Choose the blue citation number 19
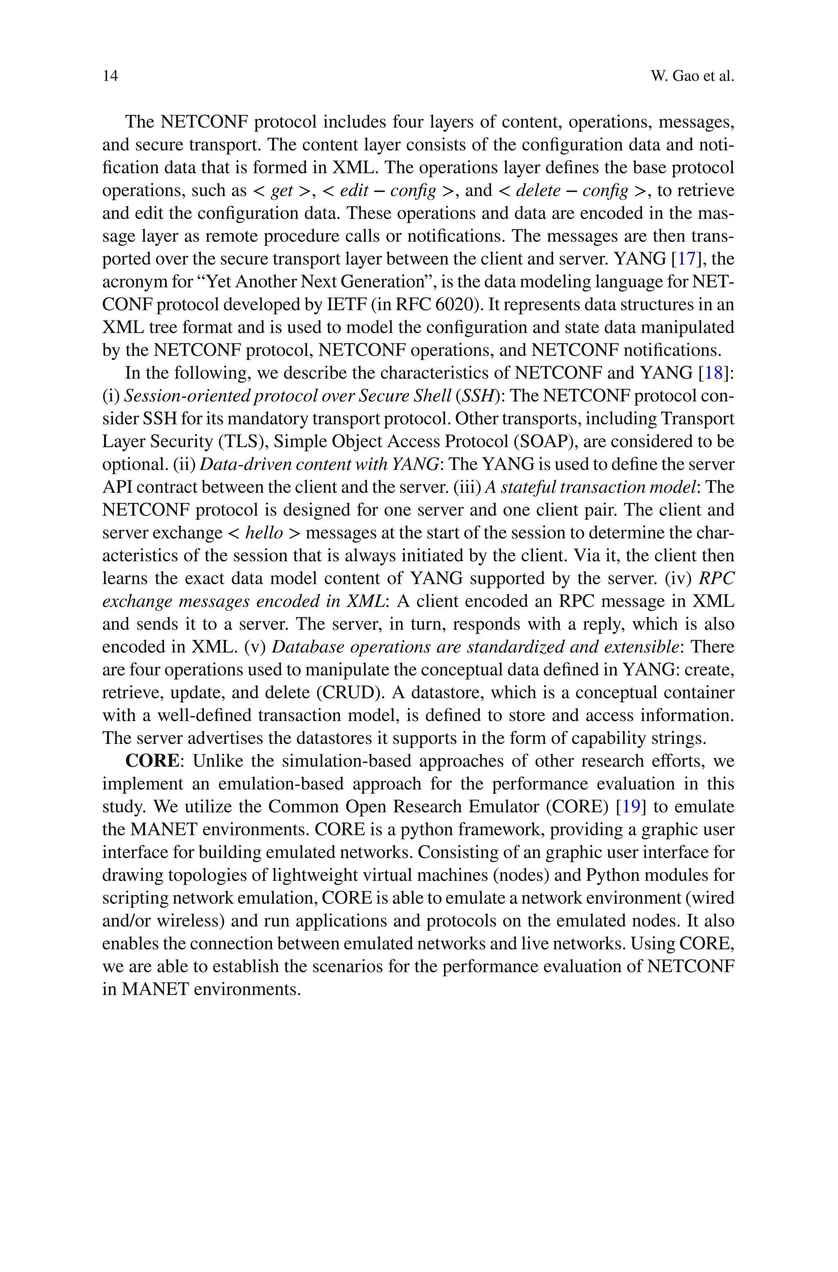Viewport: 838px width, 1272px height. (631, 807)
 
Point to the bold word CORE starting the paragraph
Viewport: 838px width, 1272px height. (152, 761)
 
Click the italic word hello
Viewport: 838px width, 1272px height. (264, 533)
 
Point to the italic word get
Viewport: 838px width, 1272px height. (282, 191)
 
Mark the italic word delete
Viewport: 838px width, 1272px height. (538, 190)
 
